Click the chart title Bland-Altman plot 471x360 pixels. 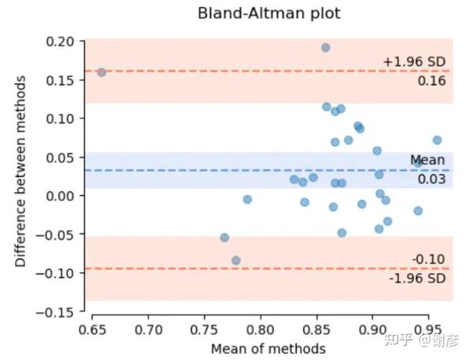point(259,13)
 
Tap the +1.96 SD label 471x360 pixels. point(415,61)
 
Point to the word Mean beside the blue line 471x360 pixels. point(427,161)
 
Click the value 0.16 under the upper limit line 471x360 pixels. point(431,79)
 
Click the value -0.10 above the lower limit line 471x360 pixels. point(429,260)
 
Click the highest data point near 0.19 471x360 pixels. point(326,48)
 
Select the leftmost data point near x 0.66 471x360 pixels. point(101,72)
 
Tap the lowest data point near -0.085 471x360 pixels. point(235,260)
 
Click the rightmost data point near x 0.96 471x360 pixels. point(437,140)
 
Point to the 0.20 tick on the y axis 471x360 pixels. point(61,42)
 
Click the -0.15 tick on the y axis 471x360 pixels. point(58,311)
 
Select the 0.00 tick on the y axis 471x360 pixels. point(61,195)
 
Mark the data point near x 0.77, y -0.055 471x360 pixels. point(225,238)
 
